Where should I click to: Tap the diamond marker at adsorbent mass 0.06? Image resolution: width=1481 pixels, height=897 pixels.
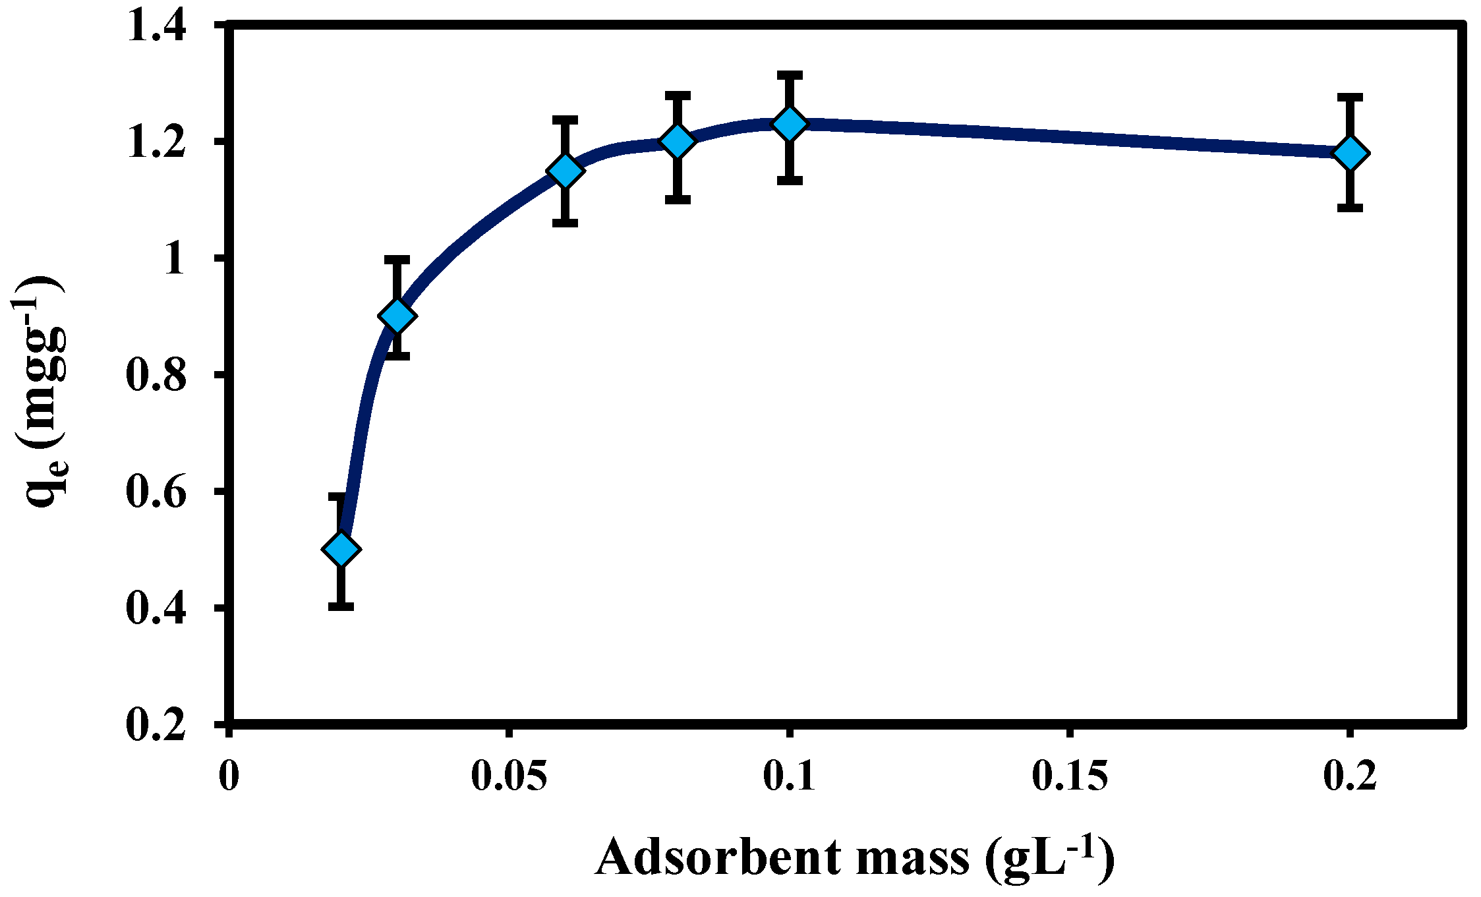(x=566, y=170)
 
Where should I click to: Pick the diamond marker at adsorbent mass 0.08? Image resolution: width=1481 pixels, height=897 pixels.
(x=678, y=140)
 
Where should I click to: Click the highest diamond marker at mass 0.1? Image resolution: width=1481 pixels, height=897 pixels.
(x=790, y=123)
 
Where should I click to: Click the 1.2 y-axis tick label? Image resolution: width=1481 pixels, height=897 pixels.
(x=156, y=144)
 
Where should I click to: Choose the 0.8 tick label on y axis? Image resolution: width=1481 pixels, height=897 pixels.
(x=156, y=376)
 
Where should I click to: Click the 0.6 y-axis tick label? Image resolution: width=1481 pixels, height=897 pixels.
(x=156, y=493)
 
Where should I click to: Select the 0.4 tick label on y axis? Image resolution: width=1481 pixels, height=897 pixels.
(x=156, y=610)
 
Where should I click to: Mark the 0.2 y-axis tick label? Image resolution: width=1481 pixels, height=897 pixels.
(x=156, y=726)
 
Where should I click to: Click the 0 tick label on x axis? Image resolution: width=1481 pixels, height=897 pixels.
(x=228, y=776)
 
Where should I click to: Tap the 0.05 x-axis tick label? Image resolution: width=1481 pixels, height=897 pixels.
(x=509, y=776)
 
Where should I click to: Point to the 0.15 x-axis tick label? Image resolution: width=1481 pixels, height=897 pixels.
(x=1070, y=776)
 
